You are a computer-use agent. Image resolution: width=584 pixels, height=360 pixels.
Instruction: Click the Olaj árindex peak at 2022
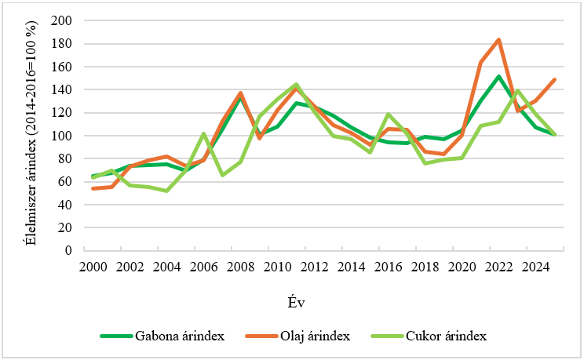click(x=498, y=39)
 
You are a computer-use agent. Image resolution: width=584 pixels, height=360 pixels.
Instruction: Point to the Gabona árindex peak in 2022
click(x=498, y=76)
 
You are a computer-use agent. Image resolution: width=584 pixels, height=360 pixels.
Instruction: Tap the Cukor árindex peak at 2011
click(x=296, y=85)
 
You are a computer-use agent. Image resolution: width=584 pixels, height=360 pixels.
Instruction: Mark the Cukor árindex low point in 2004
click(x=167, y=191)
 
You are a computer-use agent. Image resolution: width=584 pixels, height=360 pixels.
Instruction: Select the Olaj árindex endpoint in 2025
click(x=555, y=79)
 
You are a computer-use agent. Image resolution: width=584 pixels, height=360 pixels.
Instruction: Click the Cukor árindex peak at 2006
click(x=204, y=133)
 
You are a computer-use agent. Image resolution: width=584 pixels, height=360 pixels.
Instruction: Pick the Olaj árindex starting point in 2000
click(x=93, y=188)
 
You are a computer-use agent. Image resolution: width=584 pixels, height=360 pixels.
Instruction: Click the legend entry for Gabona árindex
click(x=163, y=336)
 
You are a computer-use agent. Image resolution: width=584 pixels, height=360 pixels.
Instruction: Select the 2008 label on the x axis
click(x=241, y=267)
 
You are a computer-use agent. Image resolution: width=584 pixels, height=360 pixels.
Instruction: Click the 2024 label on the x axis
click(x=536, y=267)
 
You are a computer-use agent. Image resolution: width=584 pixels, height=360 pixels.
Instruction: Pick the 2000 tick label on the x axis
click(x=93, y=267)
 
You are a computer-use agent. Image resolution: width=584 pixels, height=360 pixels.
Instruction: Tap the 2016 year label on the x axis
click(x=389, y=267)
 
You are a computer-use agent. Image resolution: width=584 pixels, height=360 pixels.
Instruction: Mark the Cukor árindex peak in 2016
click(x=389, y=115)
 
